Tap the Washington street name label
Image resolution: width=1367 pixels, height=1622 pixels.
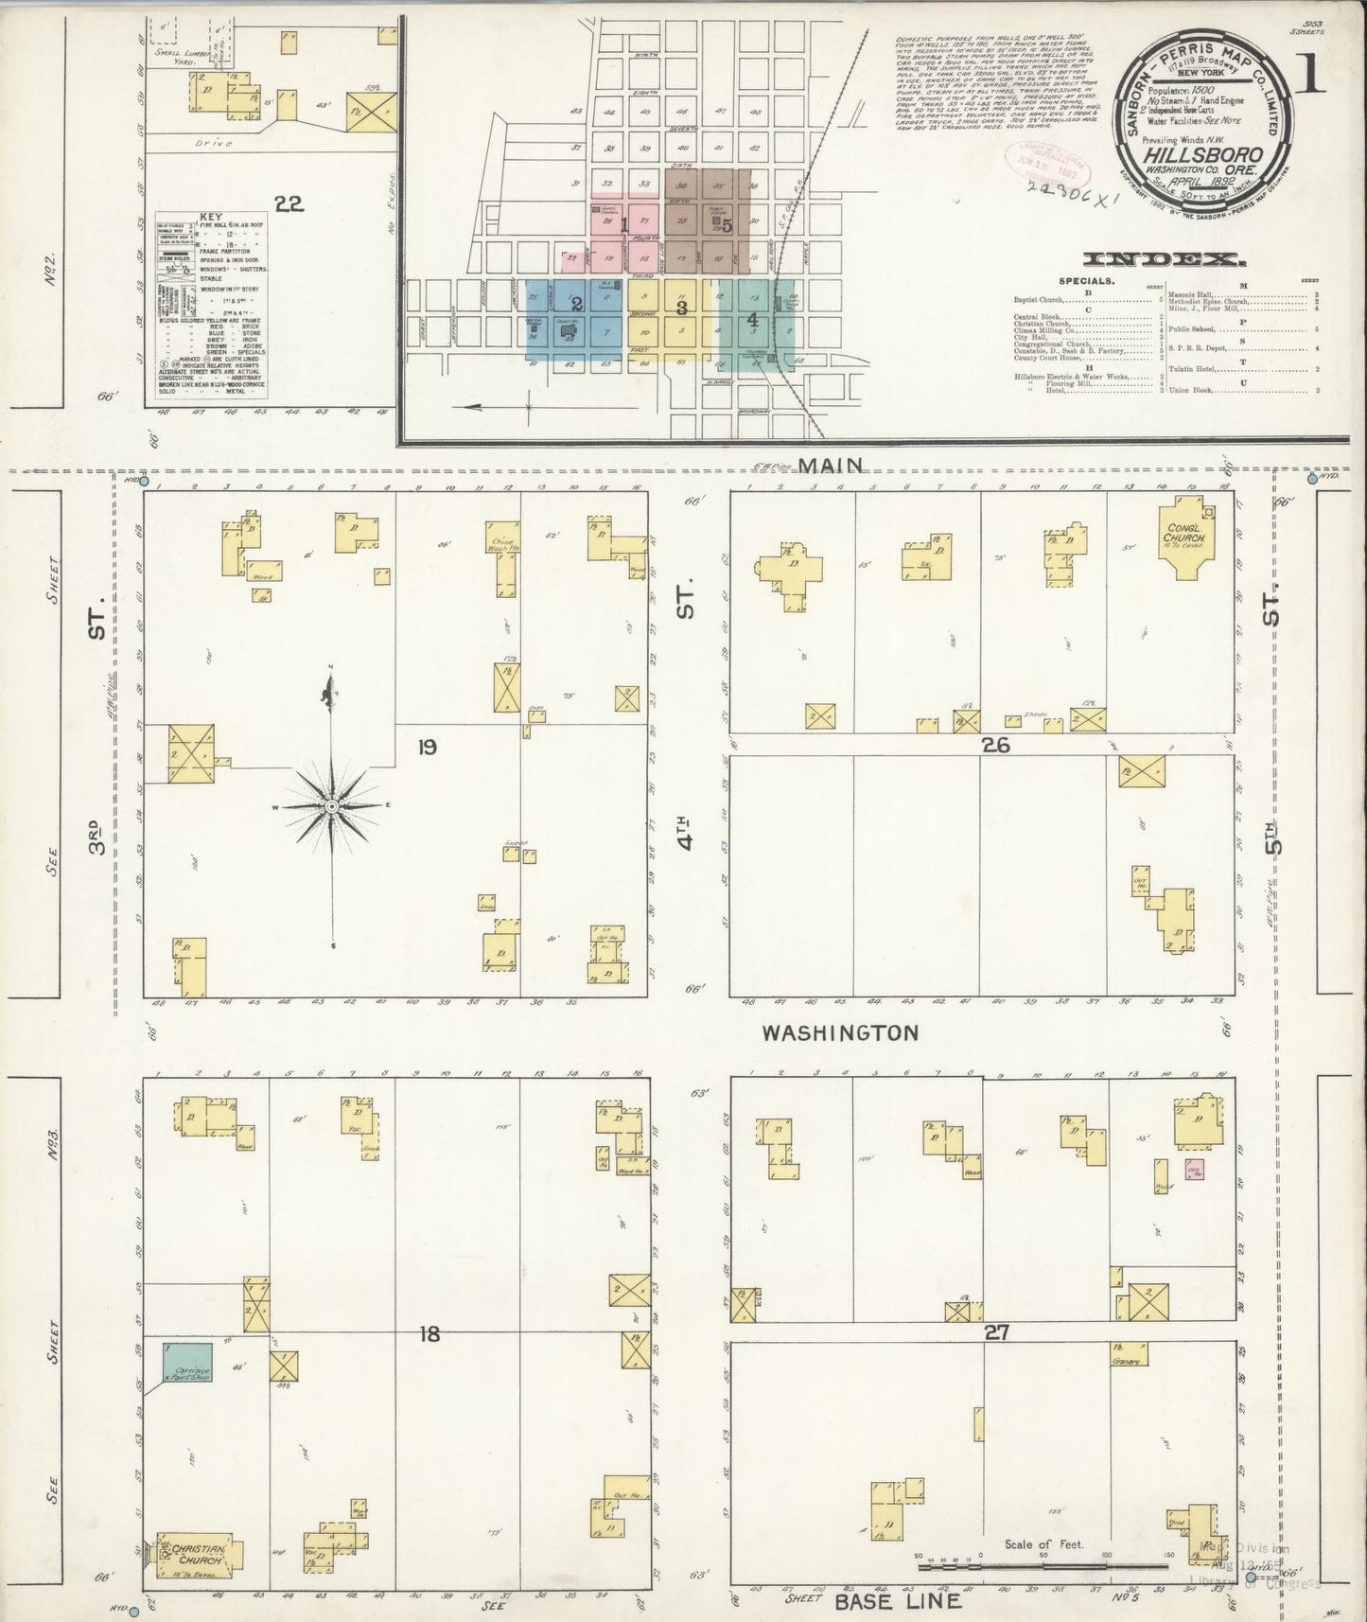840,1032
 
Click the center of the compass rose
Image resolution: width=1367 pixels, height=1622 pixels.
332,805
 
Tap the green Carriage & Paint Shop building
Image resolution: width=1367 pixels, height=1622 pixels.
185,1362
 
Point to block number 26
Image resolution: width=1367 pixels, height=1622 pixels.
995,746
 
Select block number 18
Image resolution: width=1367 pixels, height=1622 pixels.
429,1334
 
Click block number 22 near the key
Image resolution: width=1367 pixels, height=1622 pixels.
289,203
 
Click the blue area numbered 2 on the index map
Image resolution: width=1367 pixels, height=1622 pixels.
575,305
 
